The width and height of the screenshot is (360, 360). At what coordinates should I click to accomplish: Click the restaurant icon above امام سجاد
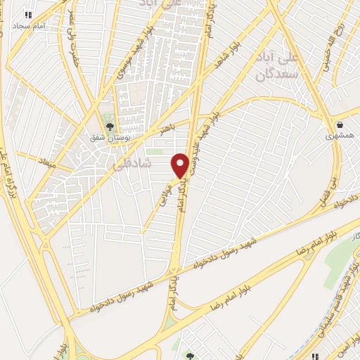coord(28,14)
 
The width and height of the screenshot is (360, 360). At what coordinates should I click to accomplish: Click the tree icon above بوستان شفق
coord(109,127)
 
